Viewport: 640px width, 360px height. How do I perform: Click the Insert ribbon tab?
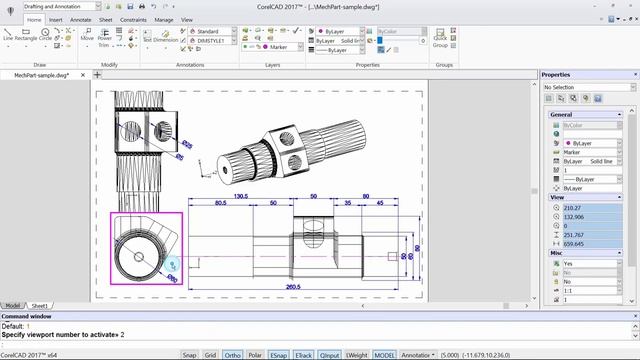coord(57,19)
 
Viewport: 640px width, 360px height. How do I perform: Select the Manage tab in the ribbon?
coord(163,19)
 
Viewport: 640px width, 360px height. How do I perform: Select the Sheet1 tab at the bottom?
coord(39,305)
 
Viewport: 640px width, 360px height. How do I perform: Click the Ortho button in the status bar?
coord(232,354)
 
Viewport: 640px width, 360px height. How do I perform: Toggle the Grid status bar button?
coord(210,354)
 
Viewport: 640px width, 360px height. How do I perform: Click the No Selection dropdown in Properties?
coord(584,87)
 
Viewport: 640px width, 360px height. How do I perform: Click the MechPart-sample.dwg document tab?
coord(41,75)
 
